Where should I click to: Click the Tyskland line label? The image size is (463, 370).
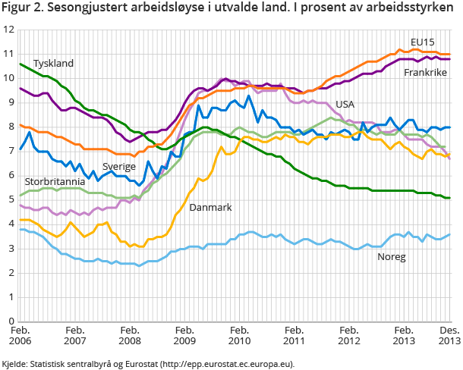(53, 64)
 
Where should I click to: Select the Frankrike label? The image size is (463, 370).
(425, 72)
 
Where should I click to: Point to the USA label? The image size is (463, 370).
(345, 104)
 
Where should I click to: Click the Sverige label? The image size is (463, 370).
(119, 166)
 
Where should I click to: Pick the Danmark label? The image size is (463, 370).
(210, 207)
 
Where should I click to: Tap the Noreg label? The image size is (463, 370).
(392, 257)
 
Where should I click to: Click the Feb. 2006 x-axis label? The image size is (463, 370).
(20, 337)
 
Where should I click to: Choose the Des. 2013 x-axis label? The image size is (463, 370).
(449, 337)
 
